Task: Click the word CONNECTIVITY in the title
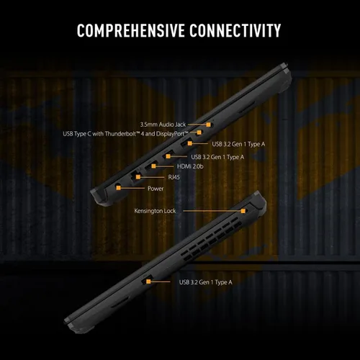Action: [235, 30]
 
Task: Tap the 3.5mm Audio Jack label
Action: [163, 125]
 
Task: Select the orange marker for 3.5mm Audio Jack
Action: [208, 125]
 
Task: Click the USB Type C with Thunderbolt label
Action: [125, 134]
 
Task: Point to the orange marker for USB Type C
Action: [199, 132]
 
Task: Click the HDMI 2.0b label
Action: [190, 166]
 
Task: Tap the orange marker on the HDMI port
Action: [153, 166]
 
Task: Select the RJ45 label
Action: [174, 177]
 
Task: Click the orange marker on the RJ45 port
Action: [138, 177]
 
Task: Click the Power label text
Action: [156, 189]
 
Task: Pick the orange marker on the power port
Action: [118, 188]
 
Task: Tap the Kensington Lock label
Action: [155, 211]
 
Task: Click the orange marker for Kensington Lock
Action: [243, 211]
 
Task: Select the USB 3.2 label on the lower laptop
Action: [206, 282]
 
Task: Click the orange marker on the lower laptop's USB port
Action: [148, 282]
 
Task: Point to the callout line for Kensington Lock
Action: [212, 211]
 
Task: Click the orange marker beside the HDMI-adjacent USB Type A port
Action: [168, 156]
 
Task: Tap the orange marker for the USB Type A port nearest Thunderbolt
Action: [190, 143]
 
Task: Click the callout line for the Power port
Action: [132, 188]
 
